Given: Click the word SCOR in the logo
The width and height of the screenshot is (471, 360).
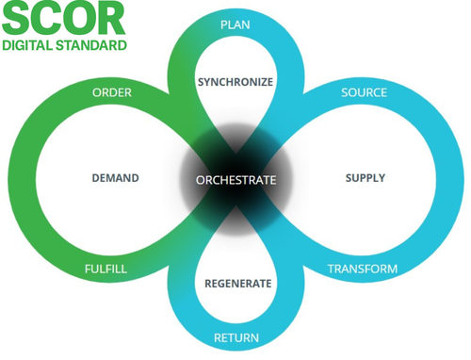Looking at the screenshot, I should pyautogui.click(x=63, y=19).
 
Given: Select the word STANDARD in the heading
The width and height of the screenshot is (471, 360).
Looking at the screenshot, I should pyautogui.click(x=92, y=44).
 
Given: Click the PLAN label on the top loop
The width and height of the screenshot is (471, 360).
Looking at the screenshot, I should pyautogui.click(x=235, y=24).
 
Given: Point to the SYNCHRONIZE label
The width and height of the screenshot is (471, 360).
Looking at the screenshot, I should pyautogui.click(x=235, y=82).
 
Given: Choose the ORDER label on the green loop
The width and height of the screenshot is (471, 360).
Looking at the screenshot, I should pyautogui.click(x=112, y=92).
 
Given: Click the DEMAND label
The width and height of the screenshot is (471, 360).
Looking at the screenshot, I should pyautogui.click(x=115, y=178).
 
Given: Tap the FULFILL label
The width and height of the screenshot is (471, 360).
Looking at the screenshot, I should pyautogui.click(x=105, y=270).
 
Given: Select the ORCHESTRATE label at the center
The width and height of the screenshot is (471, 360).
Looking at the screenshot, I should pyautogui.click(x=236, y=179).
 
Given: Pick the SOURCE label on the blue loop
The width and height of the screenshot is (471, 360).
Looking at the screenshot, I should pyautogui.click(x=364, y=92).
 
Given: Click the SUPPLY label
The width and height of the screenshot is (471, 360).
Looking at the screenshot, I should pyautogui.click(x=365, y=178).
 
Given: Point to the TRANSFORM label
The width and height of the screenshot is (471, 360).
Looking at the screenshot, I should pyautogui.click(x=362, y=270).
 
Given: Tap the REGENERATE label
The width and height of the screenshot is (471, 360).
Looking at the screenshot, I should pyautogui.click(x=238, y=284).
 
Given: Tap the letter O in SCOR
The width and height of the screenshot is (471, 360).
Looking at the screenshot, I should pyautogui.click(x=79, y=19).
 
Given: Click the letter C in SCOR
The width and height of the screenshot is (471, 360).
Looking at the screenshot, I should pyautogui.click(x=47, y=19).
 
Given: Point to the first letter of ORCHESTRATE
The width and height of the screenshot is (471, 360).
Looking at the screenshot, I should pyautogui.click(x=200, y=179).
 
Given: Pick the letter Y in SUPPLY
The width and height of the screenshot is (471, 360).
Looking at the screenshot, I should pyautogui.click(x=382, y=178).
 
